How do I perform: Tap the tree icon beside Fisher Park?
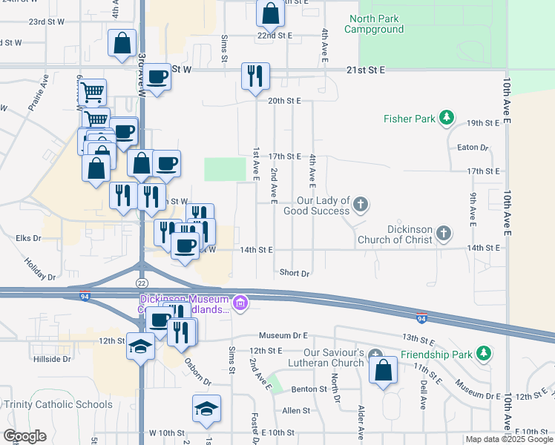[x=447, y=117]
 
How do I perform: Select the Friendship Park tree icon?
[x=484, y=353]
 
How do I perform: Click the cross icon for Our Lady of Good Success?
[x=360, y=204]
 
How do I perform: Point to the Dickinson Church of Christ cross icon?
[x=443, y=234]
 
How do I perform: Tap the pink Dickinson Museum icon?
[x=240, y=303]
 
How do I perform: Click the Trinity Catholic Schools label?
[x=58, y=404]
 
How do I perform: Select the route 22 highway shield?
[x=142, y=283]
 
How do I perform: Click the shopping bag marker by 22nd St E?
[x=269, y=13]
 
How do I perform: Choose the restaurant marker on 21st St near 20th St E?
[x=254, y=76]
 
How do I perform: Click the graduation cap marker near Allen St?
[x=206, y=407]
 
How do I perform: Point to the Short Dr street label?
[x=295, y=273]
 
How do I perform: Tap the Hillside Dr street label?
[x=51, y=359]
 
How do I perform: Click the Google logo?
[x=24, y=436]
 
